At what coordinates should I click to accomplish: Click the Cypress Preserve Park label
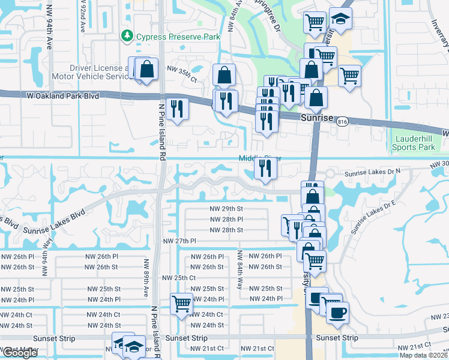click(x=178, y=37)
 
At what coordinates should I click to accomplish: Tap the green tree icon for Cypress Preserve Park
click(x=127, y=37)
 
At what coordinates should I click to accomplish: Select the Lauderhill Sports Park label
click(x=413, y=143)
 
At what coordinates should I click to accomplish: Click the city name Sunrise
click(x=316, y=118)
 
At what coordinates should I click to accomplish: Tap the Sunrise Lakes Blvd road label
click(x=55, y=221)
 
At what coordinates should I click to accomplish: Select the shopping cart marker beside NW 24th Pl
click(x=181, y=304)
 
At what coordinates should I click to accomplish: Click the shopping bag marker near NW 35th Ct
click(x=224, y=75)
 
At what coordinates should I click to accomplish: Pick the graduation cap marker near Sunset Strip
click(x=134, y=346)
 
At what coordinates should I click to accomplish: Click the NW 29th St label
click(x=226, y=208)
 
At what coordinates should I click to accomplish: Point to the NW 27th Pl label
click(x=180, y=241)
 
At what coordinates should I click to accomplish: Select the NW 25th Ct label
click(x=179, y=278)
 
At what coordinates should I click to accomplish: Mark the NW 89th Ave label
click(x=145, y=277)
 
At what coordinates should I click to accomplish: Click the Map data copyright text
click(x=423, y=355)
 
